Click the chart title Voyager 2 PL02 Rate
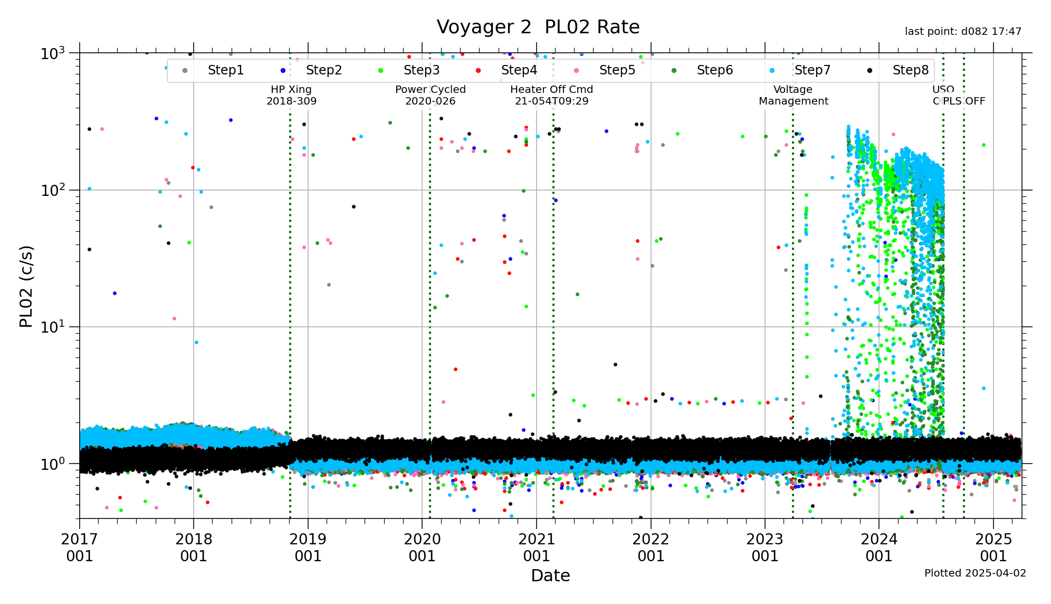(538, 27)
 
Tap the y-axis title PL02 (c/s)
(26, 286)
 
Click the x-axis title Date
(550, 575)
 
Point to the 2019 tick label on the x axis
(308, 547)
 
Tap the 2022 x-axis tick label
(651, 547)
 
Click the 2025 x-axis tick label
(993, 547)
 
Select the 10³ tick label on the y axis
(53, 53)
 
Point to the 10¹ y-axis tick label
(53, 327)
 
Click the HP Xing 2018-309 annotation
(291, 95)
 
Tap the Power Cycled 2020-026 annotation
(430, 95)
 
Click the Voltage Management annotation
(793, 95)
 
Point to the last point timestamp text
(963, 32)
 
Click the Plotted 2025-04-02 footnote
(975, 573)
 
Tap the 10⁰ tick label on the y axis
(53, 464)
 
